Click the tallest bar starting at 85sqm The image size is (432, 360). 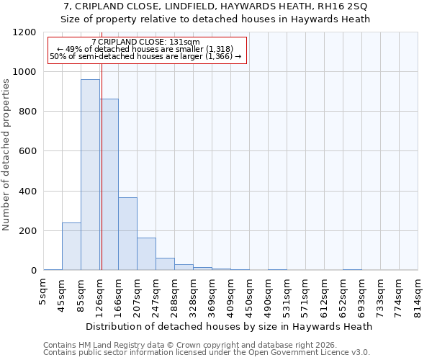coord(90,175)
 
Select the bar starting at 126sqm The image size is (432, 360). coord(109,184)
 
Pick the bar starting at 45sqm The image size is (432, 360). coord(71,246)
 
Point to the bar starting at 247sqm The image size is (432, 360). coord(165,264)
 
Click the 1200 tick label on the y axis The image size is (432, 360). coord(24,32)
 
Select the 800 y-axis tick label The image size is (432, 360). coord(27,112)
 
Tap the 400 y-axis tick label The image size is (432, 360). coord(27,192)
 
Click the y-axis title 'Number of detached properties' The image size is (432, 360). coord(6,155)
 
